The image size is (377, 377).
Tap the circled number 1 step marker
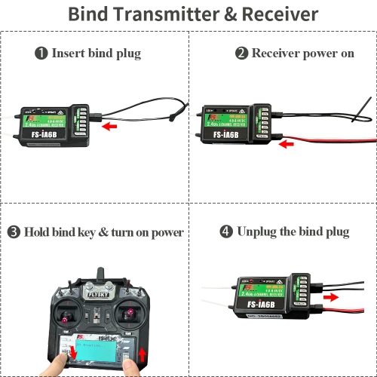pos(41,54)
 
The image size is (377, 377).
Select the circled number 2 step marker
pos(241,54)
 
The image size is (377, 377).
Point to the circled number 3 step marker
pos(14,231)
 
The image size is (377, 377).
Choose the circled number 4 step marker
pos(226,231)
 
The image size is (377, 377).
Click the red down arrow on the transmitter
pos(74,353)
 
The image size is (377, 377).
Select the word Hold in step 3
pos(37,232)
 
